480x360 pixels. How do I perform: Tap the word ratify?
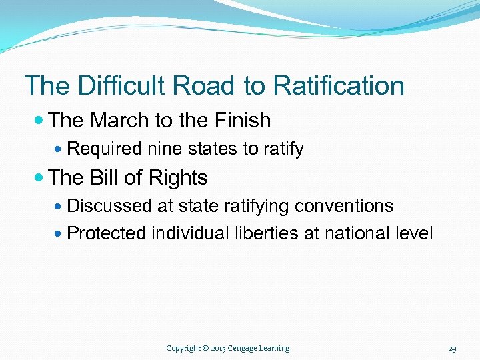coord(283,149)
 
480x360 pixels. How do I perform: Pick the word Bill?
coord(104,178)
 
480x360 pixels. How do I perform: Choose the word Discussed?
coord(110,206)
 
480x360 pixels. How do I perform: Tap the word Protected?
coord(107,233)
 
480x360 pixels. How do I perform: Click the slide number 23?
coord(452,348)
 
